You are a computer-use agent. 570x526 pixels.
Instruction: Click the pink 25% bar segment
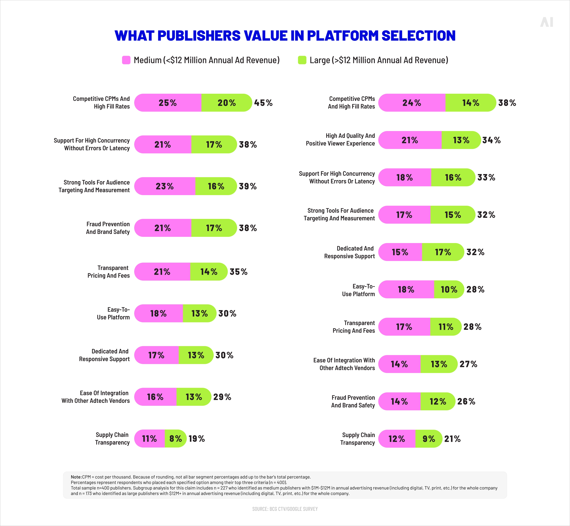(x=168, y=103)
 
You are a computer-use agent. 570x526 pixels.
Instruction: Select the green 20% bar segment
(x=227, y=103)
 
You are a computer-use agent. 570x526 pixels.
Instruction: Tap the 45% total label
(x=263, y=103)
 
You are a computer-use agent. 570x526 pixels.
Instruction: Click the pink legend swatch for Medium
(x=126, y=60)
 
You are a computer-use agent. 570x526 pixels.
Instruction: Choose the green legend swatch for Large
(x=302, y=60)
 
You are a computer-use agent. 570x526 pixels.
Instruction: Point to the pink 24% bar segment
(x=412, y=103)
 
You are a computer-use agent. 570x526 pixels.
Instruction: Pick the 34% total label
(x=491, y=140)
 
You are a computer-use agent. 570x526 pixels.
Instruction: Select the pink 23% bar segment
(x=165, y=186)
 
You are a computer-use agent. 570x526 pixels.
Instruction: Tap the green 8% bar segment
(x=175, y=439)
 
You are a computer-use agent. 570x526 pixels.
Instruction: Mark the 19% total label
(x=197, y=439)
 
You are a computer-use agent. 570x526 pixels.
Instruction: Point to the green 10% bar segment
(x=449, y=290)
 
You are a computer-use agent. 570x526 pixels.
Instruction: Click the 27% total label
(x=468, y=364)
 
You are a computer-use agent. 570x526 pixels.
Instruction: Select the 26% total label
(x=466, y=401)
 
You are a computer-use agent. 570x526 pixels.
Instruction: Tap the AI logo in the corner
(x=546, y=22)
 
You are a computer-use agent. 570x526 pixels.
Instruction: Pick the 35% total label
(x=239, y=272)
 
